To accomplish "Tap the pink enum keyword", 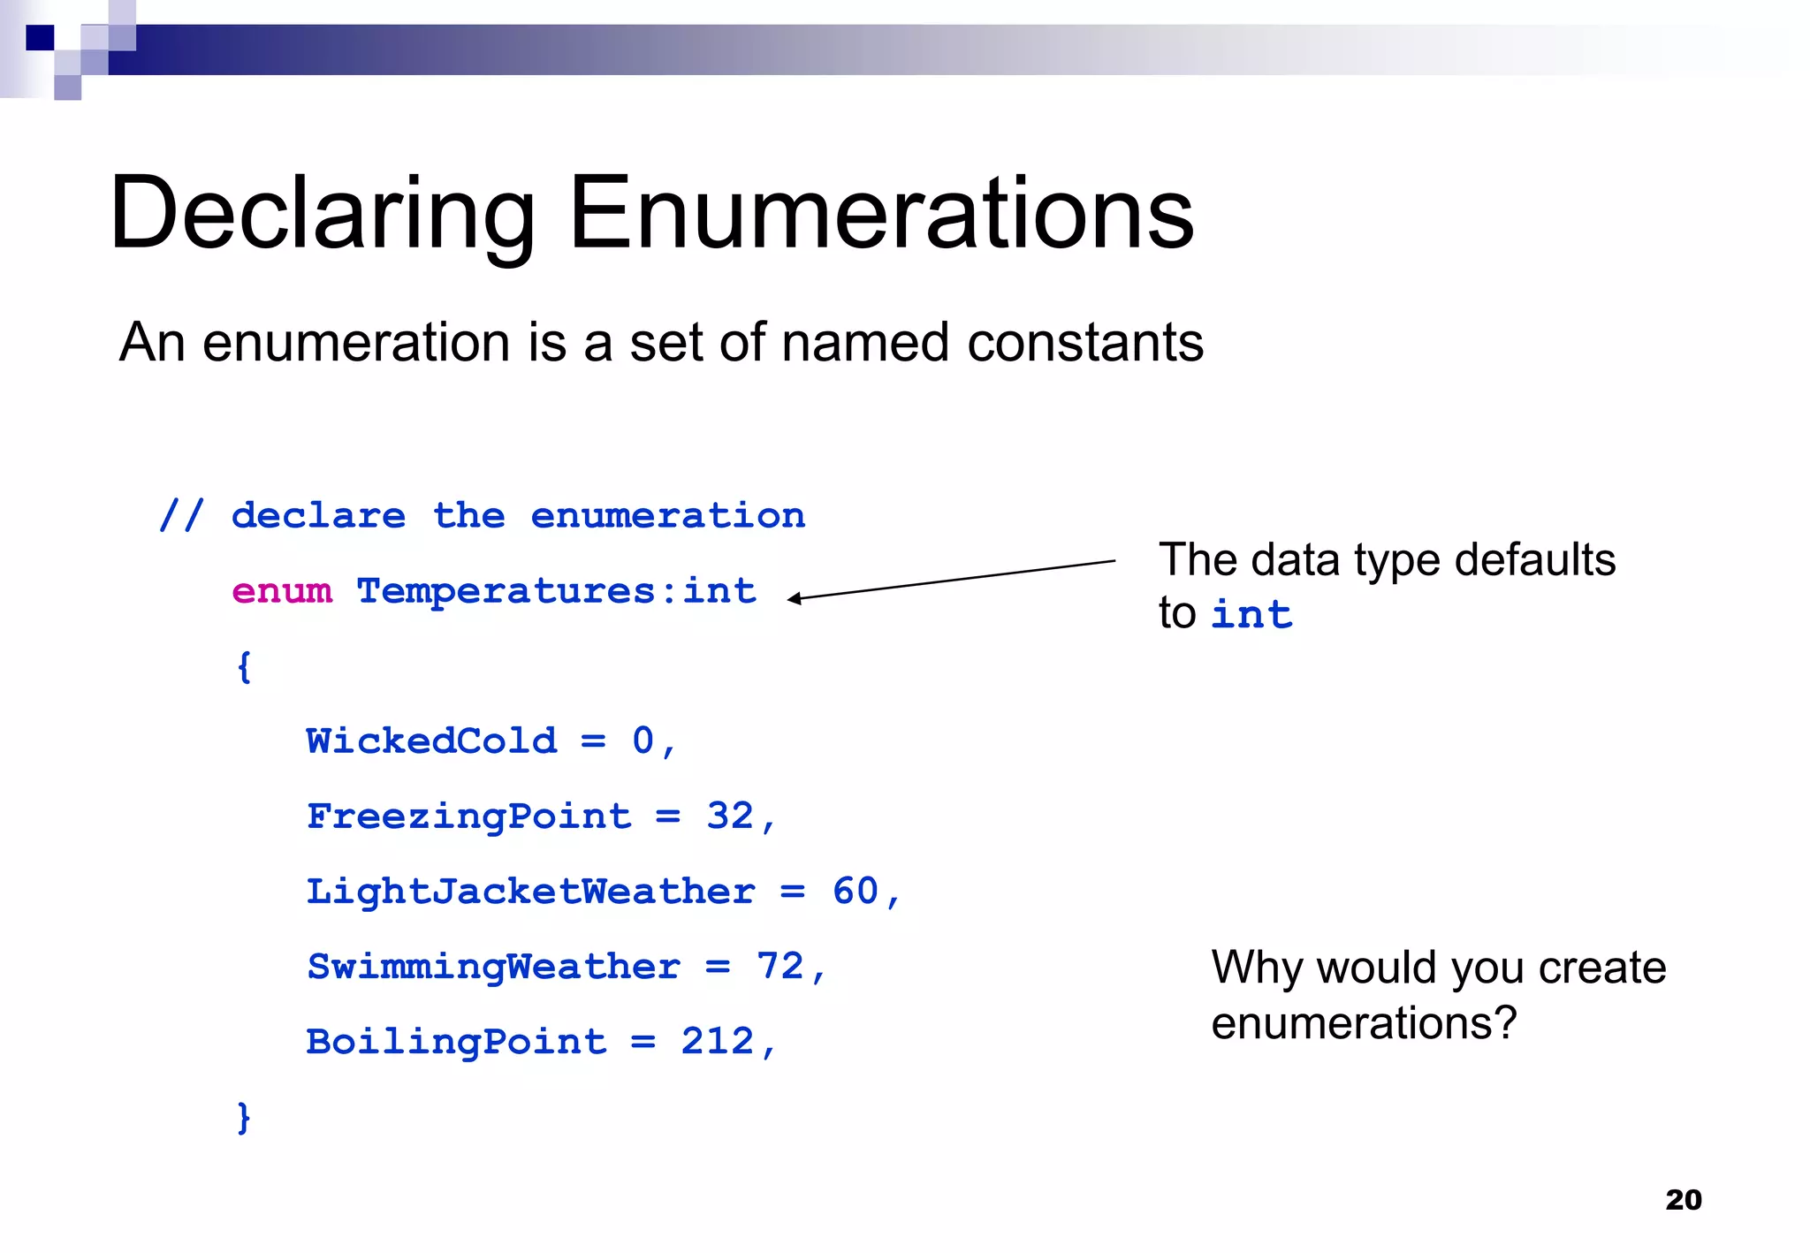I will click(282, 590).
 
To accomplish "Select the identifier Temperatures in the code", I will click(506, 590).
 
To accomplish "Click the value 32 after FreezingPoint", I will click(730, 816).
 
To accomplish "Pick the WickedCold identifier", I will click(431, 740).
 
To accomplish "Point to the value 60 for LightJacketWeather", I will click(856, 891).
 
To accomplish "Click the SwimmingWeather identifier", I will click(493, 967).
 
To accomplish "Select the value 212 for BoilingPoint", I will click(717, 1042).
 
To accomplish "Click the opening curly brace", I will click(244, 666).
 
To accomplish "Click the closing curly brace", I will click(244, 1117).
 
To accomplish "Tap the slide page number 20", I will click(1683, 1200).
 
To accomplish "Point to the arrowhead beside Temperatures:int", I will click(794, 599).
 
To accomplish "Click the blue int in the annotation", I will click(1251, 614).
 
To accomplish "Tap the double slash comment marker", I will click(181, 515).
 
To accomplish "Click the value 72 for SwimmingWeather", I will click(780, 967).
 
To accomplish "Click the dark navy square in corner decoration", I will click(40, 38).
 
